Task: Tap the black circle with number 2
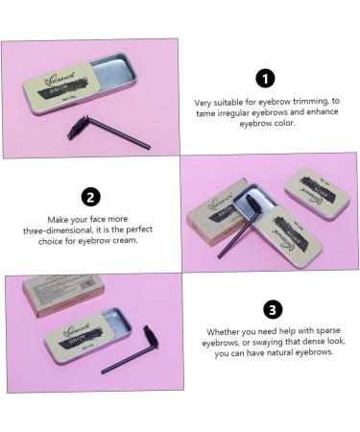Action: click(x=90, y=197)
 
